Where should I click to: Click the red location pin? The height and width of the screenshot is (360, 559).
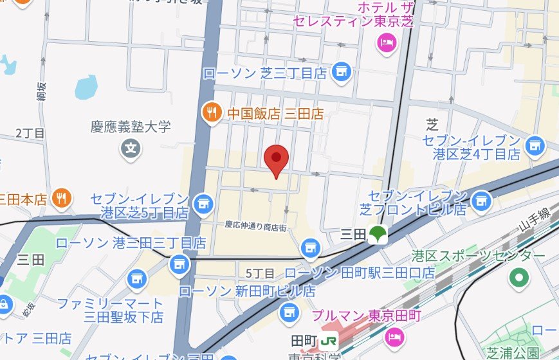[277, 161]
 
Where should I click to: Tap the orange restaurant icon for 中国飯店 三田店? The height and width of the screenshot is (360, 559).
[210, 113]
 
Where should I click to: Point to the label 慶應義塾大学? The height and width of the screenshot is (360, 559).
[131, 127]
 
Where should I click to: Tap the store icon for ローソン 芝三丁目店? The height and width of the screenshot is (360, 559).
[342, 73]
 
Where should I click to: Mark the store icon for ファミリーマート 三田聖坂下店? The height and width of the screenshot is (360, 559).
[136, 278]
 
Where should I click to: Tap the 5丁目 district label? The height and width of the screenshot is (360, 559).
[261, 273]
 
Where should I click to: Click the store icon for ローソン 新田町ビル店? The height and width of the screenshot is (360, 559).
[288, 313]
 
